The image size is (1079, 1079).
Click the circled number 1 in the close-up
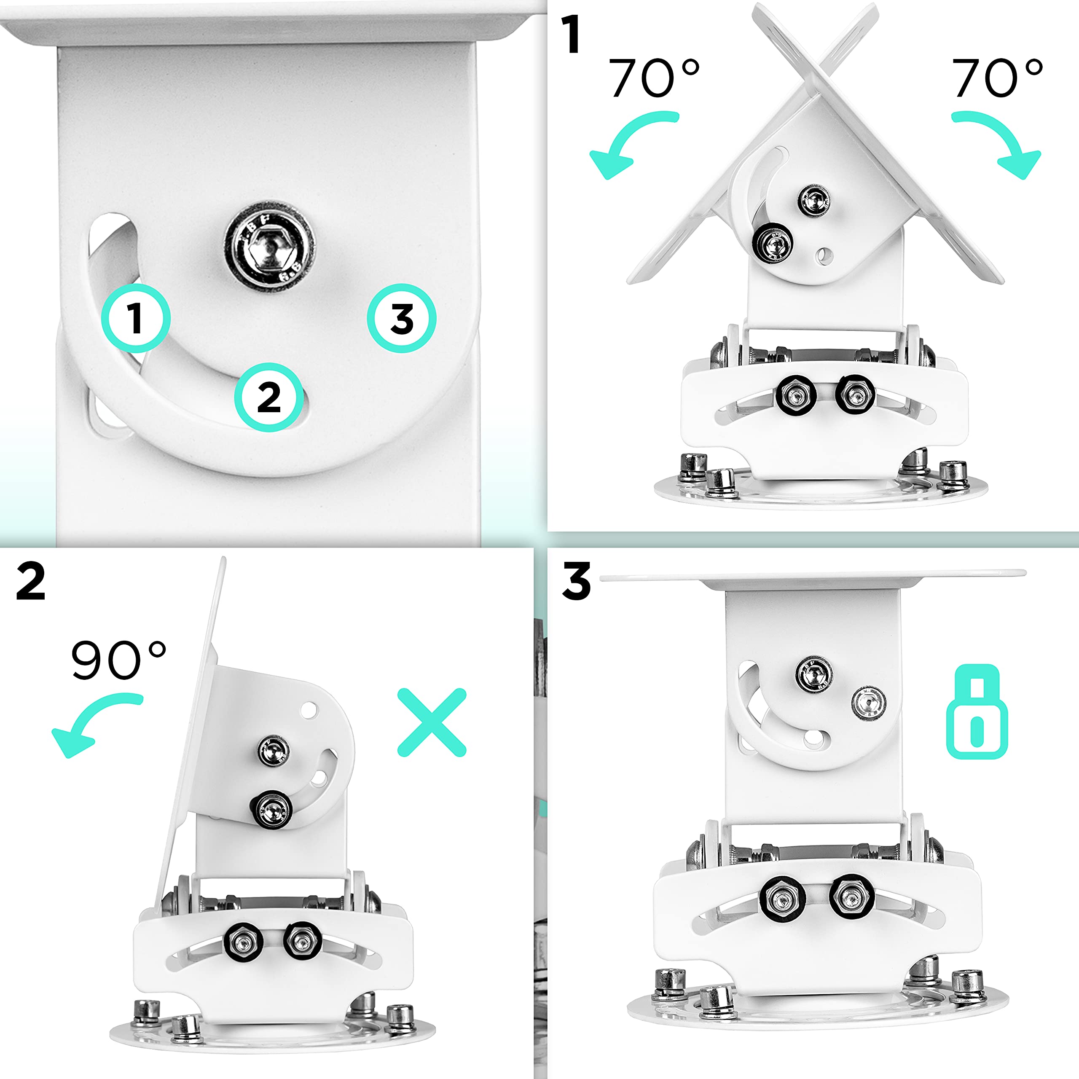point(136,318)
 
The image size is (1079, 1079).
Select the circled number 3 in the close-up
point(402,318)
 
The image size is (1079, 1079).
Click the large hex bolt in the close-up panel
point(270,246)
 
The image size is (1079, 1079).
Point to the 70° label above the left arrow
point(652,78)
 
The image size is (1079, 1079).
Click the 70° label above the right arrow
point(996,78)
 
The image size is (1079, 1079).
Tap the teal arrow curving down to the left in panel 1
point(628,142)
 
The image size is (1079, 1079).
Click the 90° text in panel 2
point(118,660)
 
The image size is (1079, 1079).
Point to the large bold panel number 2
point(31,581)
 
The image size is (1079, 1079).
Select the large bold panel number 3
point(576,581)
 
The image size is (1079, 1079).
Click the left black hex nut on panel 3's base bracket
point(782,899)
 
